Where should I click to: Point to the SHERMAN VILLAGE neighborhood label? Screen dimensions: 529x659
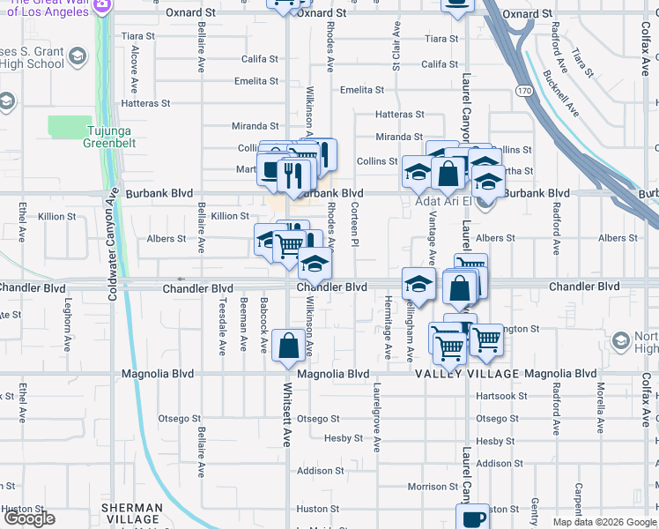coord(132,513)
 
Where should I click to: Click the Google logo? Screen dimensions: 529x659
coord(29,518)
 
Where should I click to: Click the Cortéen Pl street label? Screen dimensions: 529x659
coord(354,224)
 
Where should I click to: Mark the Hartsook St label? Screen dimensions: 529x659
coord(494,396)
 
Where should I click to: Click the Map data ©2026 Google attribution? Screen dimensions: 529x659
coord(603,522)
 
